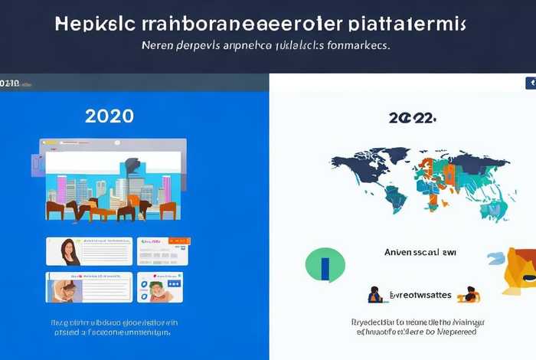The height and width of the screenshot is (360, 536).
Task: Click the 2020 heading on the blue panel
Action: [x=110, y=116]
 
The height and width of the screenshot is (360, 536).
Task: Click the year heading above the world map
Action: [x=413, y=119]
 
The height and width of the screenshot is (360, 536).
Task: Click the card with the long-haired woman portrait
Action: [x=89, y=251]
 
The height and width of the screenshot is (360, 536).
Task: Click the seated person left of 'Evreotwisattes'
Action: [x=375, y=295]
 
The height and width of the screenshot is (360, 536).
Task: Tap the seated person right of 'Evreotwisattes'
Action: [x=470, y=294]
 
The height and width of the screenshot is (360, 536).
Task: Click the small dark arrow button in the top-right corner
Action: [x=530, y=83]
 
